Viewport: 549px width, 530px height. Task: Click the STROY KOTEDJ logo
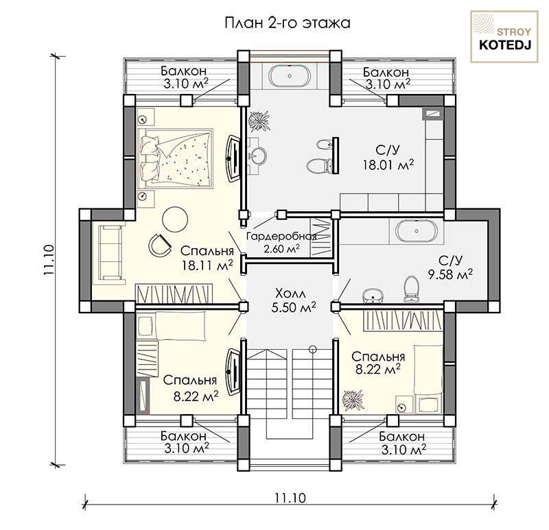coord(504,37)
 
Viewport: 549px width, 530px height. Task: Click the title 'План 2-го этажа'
coord(287,23)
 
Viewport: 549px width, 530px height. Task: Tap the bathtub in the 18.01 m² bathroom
coord(289,75)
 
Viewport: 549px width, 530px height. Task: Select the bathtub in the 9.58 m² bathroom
coord(417,231)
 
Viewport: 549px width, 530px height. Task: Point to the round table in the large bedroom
coord(175,219)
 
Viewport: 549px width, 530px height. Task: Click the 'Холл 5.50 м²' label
coord(294,300)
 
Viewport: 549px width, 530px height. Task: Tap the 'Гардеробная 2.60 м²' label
coord(281,243)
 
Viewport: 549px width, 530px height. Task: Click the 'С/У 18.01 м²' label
coord(388,158)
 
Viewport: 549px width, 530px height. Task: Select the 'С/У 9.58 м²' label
coord(451,267)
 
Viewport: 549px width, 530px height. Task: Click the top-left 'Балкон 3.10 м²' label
coord(185,77)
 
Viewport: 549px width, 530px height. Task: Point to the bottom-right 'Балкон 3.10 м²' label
coord(403,443)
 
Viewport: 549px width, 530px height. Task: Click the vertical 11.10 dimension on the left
coord(49,260)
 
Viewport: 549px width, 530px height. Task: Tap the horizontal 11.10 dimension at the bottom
coord(290,498)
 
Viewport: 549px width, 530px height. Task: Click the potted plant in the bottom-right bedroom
coord(353,400)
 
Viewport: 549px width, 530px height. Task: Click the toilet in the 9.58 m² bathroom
coord(410,289)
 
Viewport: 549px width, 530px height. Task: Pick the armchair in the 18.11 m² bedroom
coord(160,243)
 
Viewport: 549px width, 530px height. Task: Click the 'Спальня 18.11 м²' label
coord(207,258)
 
